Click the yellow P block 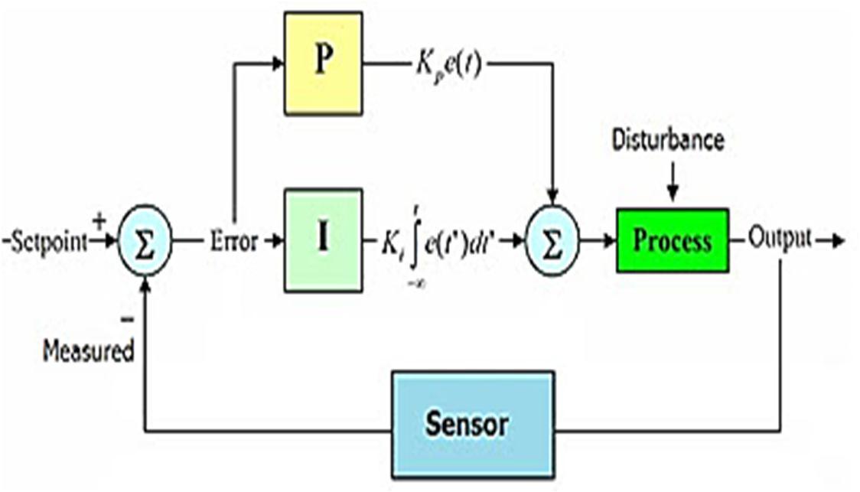pos(323,64)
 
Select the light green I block pos(323,240)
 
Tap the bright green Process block pos(672,240)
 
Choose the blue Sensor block pos(471,423)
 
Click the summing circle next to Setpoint pos(145,240)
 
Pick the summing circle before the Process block pos(552,240)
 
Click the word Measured pos(88,352)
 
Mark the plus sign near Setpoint pos(99,221)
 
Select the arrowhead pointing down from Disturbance pos(671,195)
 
